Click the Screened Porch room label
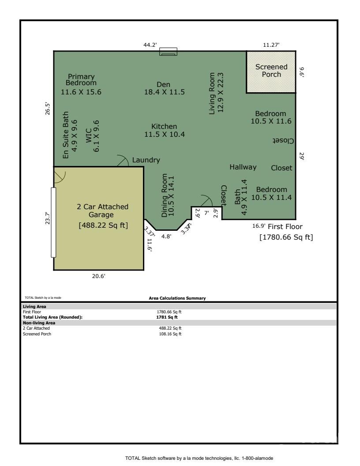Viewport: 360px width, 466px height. [271, 71]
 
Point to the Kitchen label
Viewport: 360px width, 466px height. [164, 130]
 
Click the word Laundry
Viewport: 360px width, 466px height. [146, 160]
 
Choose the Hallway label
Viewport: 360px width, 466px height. [243, 167]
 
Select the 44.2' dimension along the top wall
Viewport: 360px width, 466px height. [146, 44]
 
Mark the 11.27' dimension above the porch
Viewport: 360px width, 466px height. [271, 44]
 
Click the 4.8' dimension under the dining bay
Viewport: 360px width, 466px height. [166, 236]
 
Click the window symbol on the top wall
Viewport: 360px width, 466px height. [168, 52]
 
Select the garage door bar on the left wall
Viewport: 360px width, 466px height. [53, 222]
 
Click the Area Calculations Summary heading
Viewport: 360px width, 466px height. [177, 298]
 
